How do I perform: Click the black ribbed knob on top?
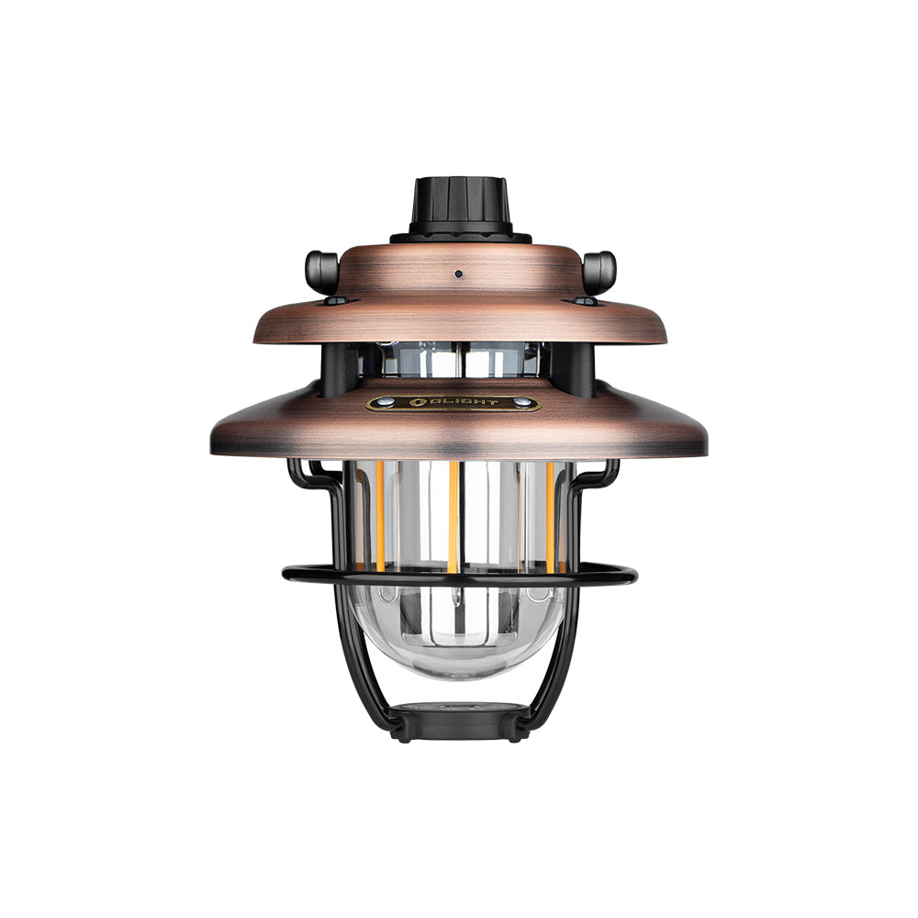[460, 204]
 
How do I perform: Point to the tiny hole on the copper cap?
[457, 273]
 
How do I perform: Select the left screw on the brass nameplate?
[387, 402]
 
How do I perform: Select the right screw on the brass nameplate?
[521, 402]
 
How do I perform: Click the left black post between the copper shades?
[336, 367]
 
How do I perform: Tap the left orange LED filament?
[378, 514]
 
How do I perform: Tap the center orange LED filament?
[454, 514]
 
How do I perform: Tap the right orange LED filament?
[550, 514]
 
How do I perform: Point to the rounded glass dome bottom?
[459, 643]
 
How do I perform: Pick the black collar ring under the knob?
[460, 236]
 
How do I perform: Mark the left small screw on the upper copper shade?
[335, 300]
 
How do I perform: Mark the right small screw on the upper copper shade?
[584, 300]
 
